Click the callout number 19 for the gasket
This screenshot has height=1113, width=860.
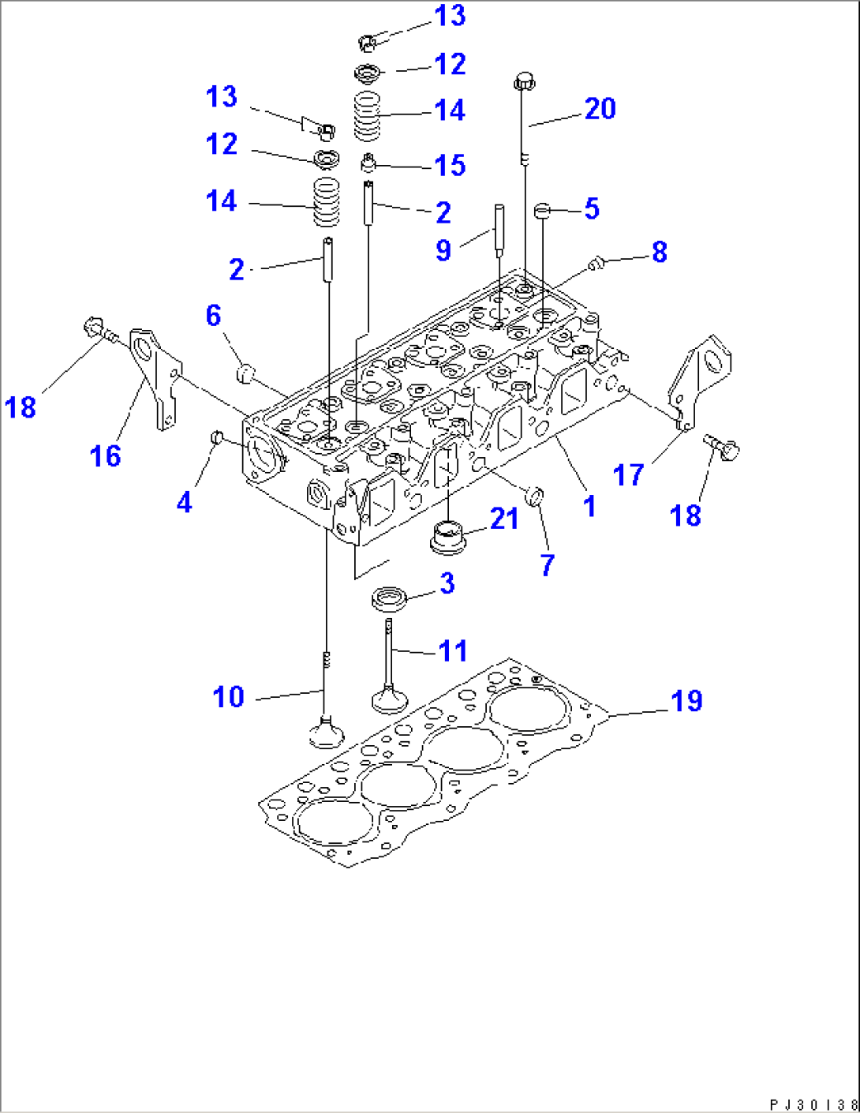(x=686, y=701)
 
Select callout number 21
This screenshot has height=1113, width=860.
(x=504, y=519)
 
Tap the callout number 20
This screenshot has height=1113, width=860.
(x=600, y=109)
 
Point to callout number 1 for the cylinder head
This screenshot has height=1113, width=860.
(x=589, y=506)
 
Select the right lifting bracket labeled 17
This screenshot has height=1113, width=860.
(x=701, y=379)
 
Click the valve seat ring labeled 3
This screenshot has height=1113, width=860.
(x=390, y=598)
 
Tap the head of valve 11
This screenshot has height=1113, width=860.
(x=389, y=699)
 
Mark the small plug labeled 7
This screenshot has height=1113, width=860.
(x=536, y=496)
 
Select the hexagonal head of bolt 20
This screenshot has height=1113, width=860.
(x=525, y=80)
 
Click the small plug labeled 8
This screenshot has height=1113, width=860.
(x=596, y=262)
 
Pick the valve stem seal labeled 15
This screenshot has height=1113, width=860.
(x=367, y=164)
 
